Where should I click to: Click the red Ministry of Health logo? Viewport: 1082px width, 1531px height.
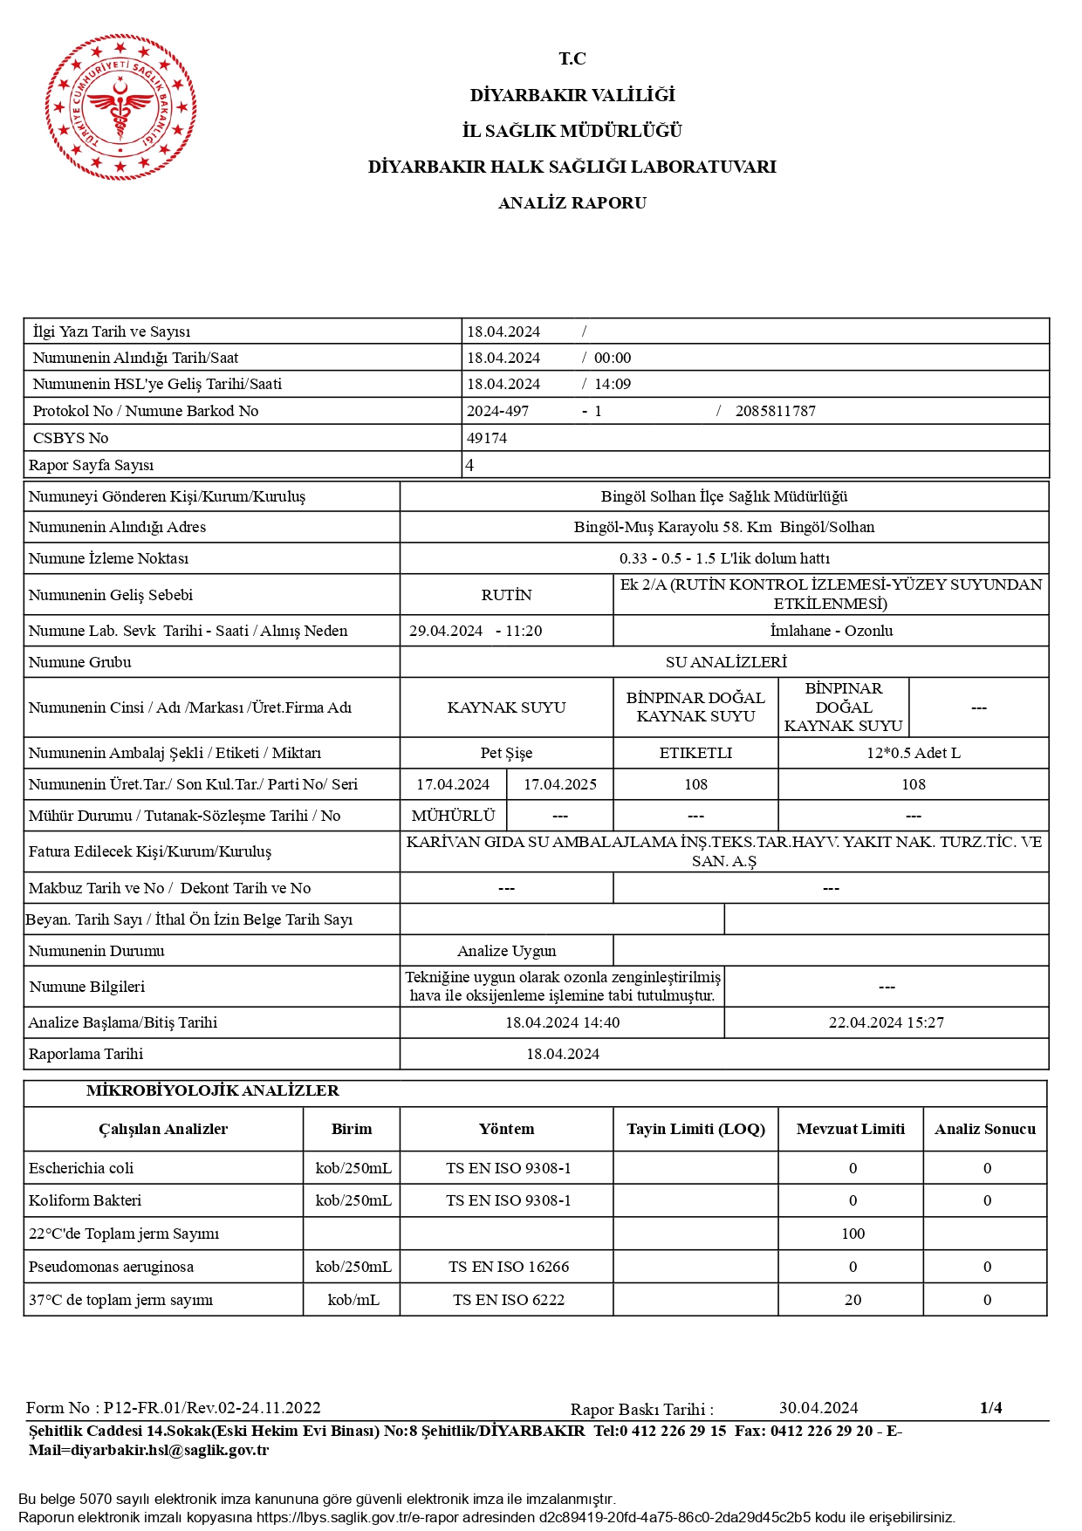point(120,107)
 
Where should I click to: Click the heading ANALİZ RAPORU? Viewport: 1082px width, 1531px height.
point(572,202)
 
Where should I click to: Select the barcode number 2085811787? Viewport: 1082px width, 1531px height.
point(775,411)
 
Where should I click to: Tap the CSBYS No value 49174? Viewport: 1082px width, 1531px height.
point(487,438)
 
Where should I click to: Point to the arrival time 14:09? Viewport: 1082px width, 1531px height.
point(613,384)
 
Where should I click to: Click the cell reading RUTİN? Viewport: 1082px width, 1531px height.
point(506,595)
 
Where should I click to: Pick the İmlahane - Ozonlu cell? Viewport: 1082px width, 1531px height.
point(831,631)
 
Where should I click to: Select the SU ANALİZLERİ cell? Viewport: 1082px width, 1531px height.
point(726,662)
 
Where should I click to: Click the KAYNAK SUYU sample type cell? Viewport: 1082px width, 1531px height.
point(506,707)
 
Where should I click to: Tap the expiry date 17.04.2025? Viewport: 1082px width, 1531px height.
point(560,784)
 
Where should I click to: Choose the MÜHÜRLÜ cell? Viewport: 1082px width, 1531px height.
point(453,816)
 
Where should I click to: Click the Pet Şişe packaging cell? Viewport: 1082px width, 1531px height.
point(506,753)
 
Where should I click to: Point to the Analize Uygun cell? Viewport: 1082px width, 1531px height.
point(506,951)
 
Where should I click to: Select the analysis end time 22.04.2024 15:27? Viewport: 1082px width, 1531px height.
point(886,1022)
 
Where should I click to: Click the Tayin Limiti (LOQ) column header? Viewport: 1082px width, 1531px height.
point(695,1129)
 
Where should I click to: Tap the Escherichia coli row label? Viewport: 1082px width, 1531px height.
point(81,1168)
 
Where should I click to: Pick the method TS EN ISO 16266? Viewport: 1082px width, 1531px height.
point(508,1267)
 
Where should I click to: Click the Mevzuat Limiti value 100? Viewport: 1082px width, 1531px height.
point(853,1234)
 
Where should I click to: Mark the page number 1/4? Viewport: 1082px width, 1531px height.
point(990,1407)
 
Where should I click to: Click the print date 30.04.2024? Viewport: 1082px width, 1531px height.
point(818,1408)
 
